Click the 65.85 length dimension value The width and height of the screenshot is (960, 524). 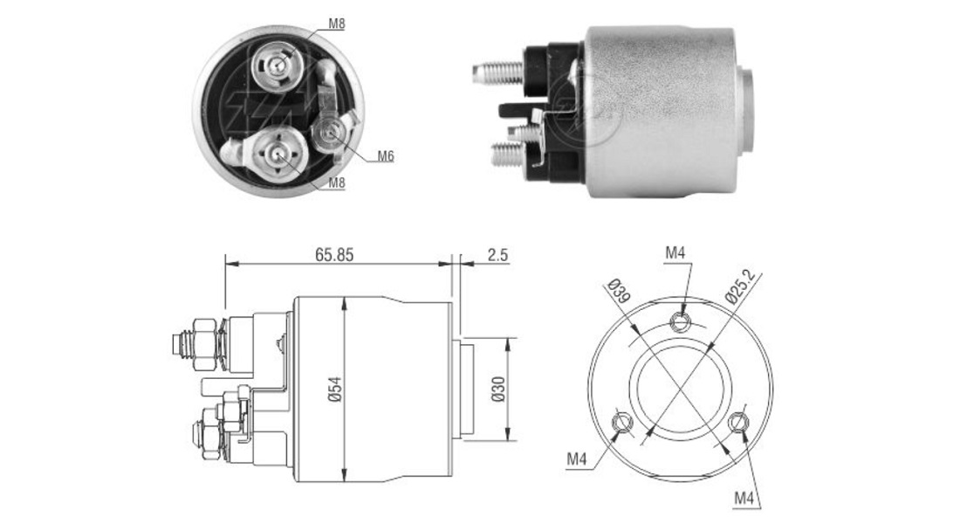pos(334,254)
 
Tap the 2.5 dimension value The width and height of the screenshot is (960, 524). pos(498,254)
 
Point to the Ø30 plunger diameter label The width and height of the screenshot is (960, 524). pos(498,390)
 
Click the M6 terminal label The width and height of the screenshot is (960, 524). pos(385,156)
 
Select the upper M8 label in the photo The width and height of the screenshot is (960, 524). pos(337,24)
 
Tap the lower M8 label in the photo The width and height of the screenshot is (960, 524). pos(337,183)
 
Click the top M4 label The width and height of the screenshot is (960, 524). pos(675,252)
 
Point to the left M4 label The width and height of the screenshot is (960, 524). pos(578,458)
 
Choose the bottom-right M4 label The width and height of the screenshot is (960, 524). pos(744,499)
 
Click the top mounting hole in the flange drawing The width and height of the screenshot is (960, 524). pos(681,320)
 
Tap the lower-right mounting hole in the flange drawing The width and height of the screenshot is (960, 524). pos(738,422)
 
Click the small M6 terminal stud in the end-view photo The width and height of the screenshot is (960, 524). pos(333,130)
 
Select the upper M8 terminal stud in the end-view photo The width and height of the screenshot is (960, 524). pos(276,64)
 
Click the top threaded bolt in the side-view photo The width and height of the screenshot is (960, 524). pos(498,73)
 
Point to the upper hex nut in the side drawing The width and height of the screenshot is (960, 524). pos(205,344)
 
